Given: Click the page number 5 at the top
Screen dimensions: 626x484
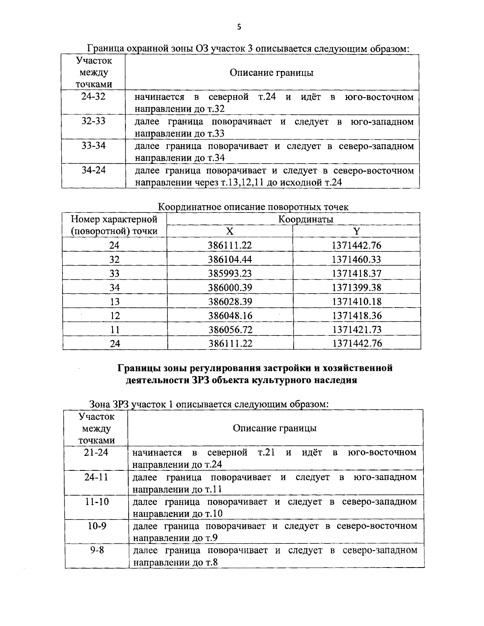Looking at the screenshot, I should point(239,27).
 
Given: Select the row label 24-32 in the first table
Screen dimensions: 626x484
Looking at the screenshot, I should point(93,97).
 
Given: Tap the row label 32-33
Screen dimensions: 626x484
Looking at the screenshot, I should point(93,121).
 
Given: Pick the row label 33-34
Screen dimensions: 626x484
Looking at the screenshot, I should point(93,146).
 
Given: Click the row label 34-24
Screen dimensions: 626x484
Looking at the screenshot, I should point(93,170).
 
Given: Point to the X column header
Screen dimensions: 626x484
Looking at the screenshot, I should point(229,231).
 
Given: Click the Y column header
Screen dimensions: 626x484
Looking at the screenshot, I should point(356,231).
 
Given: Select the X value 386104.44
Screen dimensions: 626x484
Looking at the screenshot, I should point(230,259).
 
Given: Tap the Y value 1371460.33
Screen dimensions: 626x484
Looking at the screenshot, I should point(357,259).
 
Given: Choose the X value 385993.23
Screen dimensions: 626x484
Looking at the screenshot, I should point(230,273).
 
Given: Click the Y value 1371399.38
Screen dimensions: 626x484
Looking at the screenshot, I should point(357,287).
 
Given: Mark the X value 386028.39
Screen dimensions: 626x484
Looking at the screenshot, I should point(230,302).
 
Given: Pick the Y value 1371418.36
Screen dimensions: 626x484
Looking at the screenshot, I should point(357,315).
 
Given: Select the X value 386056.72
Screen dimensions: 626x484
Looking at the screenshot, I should point(230,329).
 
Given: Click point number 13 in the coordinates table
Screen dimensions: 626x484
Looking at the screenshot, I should point(115,302).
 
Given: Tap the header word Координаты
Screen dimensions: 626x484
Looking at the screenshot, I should point(306,219).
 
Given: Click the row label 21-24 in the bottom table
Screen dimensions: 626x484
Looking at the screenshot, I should point(96,452).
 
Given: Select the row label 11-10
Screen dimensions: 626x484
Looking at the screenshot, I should point(96,501).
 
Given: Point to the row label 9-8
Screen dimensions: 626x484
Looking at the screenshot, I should point(96,550).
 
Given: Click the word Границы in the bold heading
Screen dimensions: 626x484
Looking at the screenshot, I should point(139,368).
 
